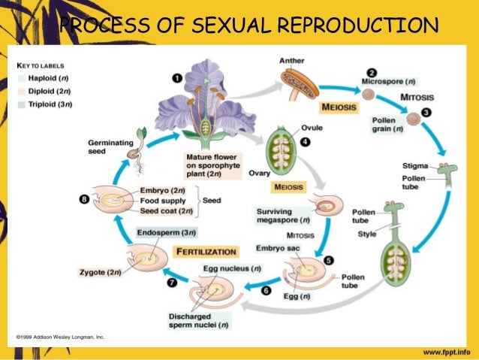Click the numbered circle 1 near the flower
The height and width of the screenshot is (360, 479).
pos(177,77)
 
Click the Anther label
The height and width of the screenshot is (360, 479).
pos(292,59)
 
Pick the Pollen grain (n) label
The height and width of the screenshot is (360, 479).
pos(388,124)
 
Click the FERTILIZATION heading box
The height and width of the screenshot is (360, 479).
pos(206,251)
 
